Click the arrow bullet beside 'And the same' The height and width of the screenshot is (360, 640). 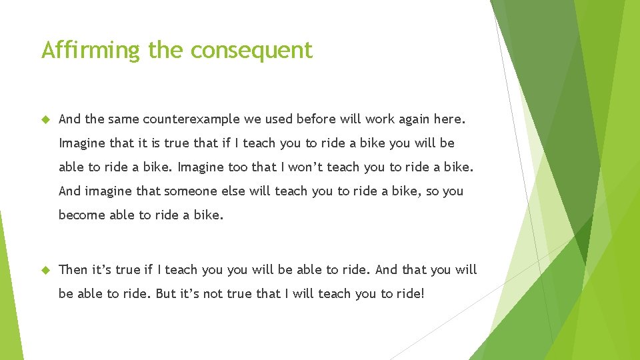pyautogui.click(x=46, y=119)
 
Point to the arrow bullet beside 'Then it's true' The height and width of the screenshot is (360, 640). pyautogui.click(x=46, y=269)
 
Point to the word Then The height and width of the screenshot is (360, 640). pyautogui.click(x=73, y=269)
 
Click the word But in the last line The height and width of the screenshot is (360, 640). pyautogui.click(x=166, y=293)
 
